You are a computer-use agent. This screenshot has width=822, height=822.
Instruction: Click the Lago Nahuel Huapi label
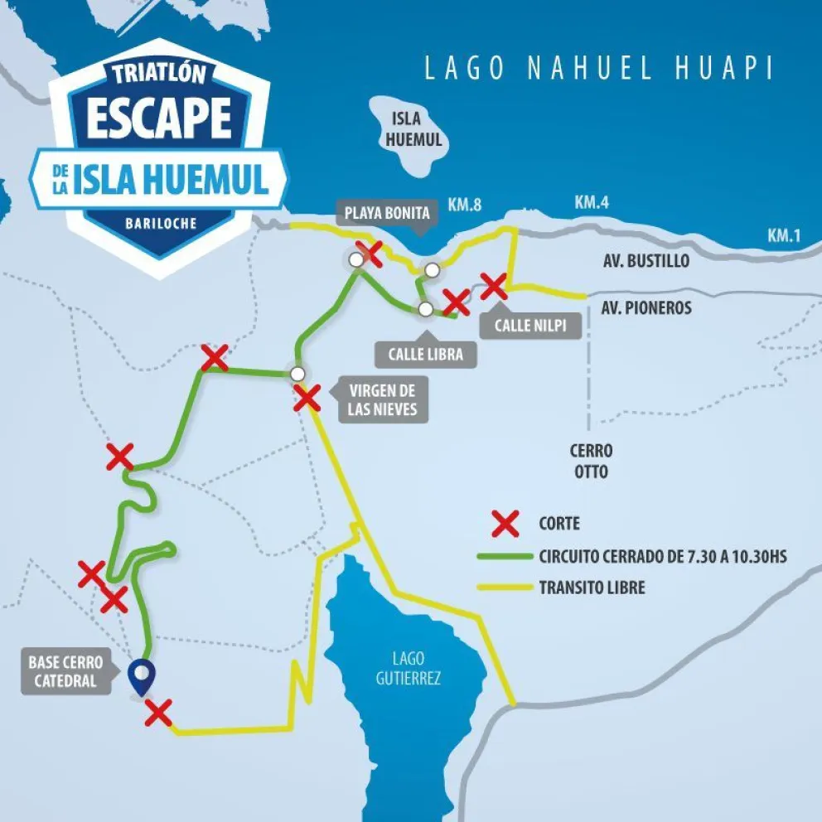598,68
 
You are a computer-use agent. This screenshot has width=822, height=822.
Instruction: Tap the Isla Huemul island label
413,130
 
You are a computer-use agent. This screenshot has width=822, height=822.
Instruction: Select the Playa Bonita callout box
387,214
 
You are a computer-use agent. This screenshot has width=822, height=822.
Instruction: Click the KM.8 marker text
465,205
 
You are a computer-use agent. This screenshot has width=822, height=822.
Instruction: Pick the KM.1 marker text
783,235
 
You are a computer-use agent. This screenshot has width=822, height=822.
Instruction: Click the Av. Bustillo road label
646,261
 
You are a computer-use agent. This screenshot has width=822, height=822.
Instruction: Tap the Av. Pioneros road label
646,307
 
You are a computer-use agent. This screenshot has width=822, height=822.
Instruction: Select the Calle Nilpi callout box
530,325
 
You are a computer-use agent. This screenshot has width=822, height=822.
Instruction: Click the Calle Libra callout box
427,355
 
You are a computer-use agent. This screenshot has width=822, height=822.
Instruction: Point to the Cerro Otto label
591,462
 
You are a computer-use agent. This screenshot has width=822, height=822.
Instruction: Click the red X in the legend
505,524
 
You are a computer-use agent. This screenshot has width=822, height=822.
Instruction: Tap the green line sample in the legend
505,556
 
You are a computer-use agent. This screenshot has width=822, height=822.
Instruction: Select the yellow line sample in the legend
505,588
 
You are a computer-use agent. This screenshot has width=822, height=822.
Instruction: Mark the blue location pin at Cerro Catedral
143,675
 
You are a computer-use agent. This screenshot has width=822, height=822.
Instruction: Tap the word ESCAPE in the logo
159,118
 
